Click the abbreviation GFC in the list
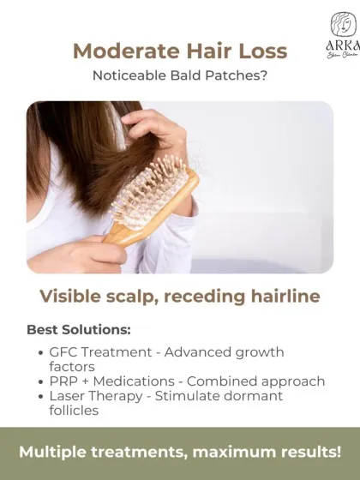tap(65, 352)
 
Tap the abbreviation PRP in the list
tap(64, 381)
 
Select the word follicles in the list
tap(75, 410)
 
